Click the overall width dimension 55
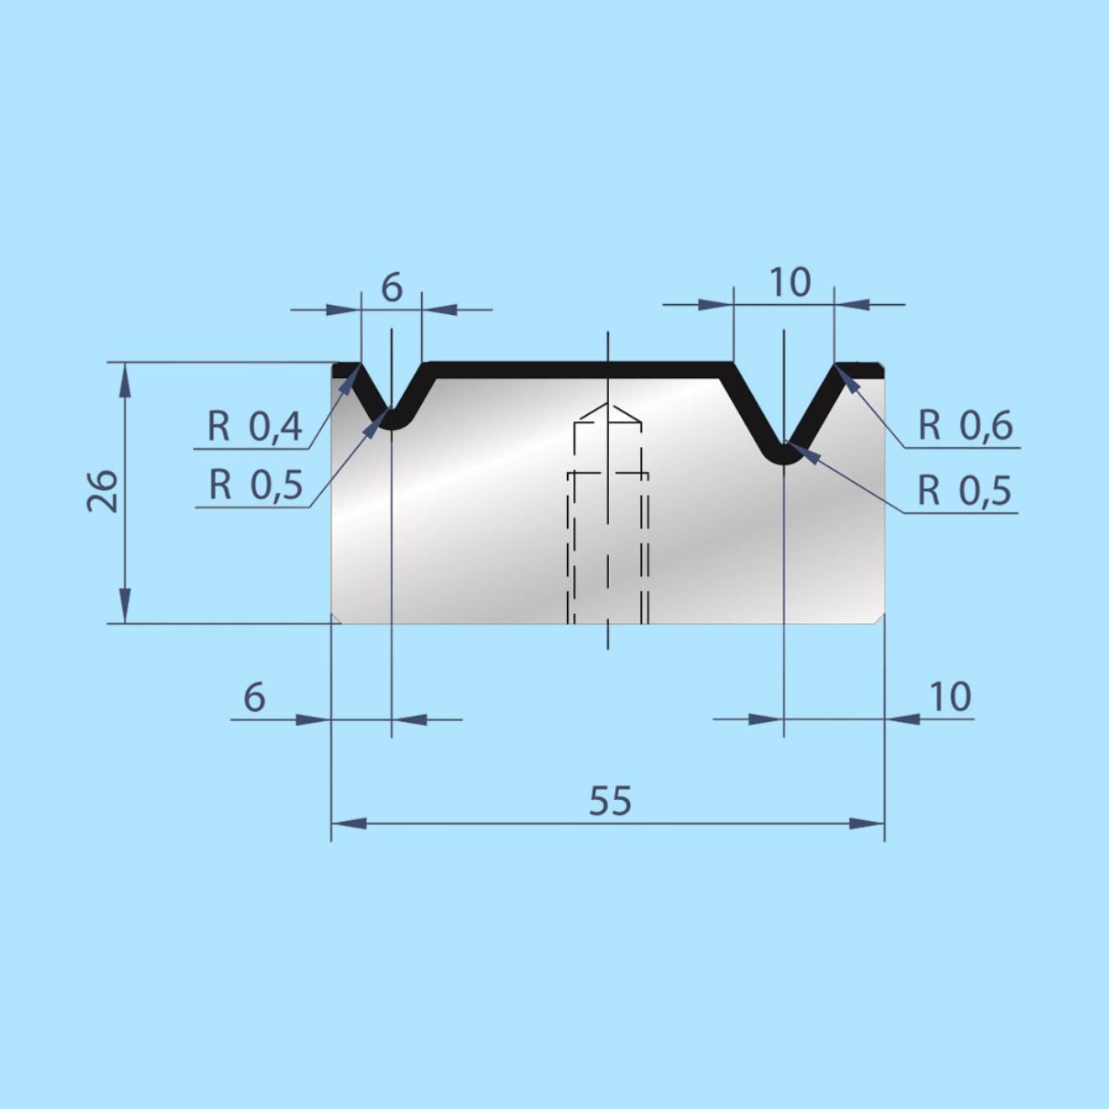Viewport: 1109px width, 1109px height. [610, 802]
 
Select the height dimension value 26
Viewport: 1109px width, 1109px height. [102, 491]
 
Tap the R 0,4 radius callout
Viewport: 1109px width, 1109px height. [255, 427]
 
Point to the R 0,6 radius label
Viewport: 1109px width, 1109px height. [965, 426]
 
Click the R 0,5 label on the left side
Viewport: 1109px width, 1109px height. [255, 485]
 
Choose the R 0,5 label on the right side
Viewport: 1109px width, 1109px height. [964, 491]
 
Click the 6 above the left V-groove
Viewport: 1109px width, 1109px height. [392, 288]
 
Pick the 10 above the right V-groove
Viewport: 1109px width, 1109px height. [790, 283]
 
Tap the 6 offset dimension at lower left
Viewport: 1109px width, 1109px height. [255, 697]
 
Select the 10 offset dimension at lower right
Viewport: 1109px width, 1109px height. [949, 697]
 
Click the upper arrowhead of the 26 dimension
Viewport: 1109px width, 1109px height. [125, 378]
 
